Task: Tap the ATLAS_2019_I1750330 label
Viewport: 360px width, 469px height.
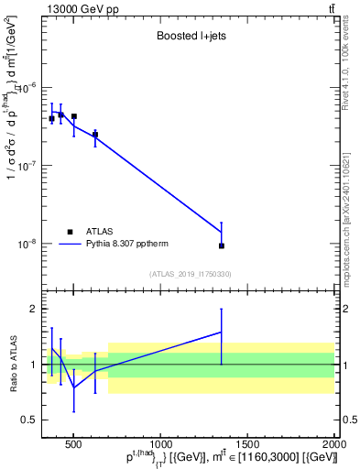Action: tap(191, 274)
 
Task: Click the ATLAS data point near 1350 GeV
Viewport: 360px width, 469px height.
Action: tap(221, 245)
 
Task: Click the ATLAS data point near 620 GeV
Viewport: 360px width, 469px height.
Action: tap(94, 135)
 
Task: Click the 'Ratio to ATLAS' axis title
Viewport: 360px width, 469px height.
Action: tap(12, 364)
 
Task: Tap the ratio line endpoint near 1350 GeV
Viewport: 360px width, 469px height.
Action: tap(221, 332)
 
